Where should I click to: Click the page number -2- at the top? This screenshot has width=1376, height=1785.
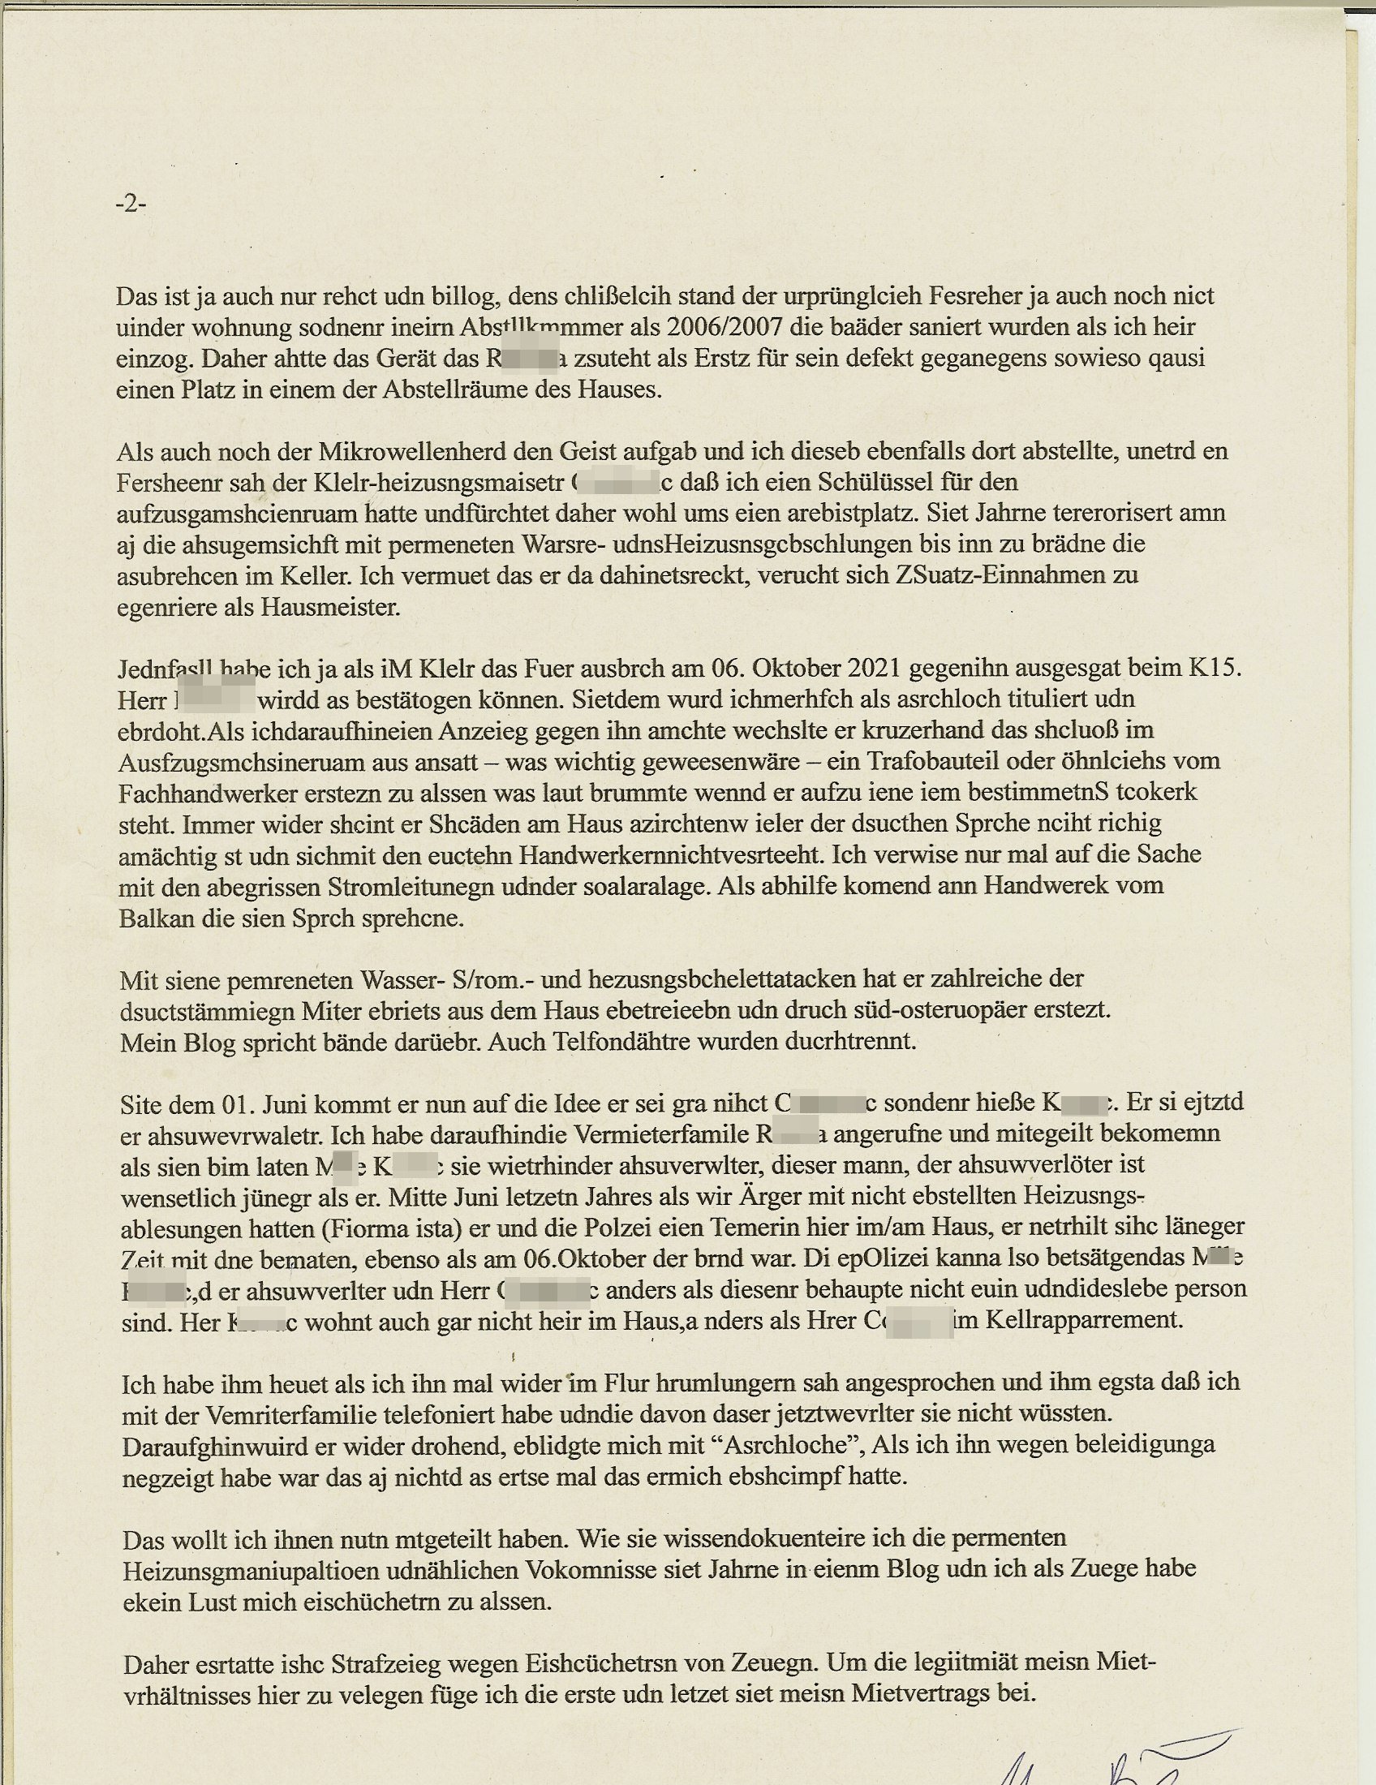(131, 204)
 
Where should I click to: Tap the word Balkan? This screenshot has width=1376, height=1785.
(157, 918)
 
